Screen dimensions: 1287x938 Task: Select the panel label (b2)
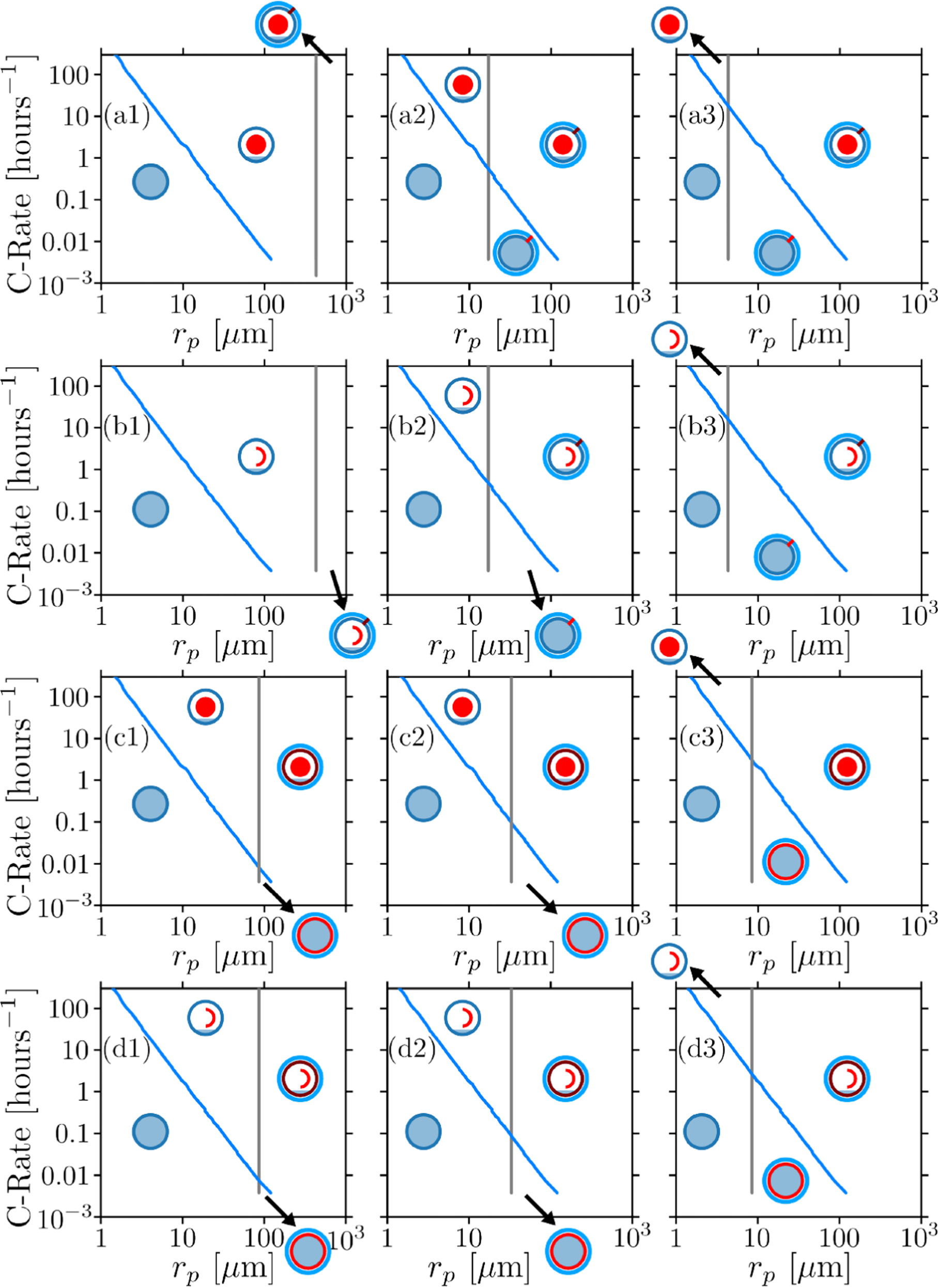(x=412, y=427)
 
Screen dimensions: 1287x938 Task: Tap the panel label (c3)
(x=701, y=738)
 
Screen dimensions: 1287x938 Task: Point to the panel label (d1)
(x=127, y=1049)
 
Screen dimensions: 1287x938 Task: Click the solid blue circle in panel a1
(x=150, y=182)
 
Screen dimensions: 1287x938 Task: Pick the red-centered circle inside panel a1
(x=256, y=144)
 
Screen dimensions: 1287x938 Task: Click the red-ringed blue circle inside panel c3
(x=785, y=861)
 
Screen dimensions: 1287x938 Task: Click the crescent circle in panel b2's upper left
(x=463, y=395)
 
